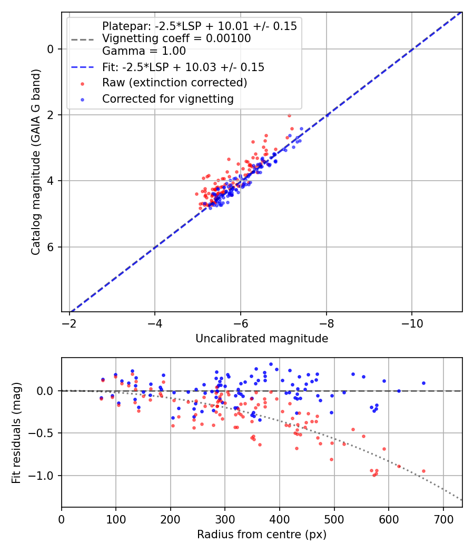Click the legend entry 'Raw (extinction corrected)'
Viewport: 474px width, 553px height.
pos(174,83)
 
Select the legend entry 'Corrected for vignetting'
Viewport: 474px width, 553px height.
pos(167,98)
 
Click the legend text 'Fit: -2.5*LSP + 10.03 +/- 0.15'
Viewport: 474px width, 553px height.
pos(183,67)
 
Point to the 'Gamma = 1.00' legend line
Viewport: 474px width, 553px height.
pos(144,51)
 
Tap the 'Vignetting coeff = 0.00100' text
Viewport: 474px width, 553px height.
pos(176,38)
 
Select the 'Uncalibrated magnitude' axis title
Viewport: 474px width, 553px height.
pos(262,339)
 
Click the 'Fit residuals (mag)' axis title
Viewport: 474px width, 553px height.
pos(16,433)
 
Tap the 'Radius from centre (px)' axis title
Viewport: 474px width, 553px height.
pos(262,535)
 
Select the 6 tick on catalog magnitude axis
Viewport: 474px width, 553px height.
pos(51,247)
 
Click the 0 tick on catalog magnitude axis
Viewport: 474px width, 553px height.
pos(51,49)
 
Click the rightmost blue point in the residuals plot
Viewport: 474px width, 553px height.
pos(423,383)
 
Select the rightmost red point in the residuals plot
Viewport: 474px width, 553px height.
pos(423,471)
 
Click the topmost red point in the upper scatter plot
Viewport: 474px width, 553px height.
pos(289,115)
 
